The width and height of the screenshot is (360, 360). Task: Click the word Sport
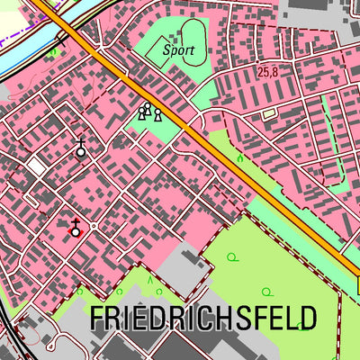click(178, 51)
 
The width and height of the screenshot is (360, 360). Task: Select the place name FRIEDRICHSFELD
click(203, 318)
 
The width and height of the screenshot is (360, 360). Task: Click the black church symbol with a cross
click(81, 149)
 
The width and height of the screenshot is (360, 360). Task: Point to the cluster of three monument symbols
click(149, 112)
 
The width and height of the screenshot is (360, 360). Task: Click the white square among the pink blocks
click(36, 166)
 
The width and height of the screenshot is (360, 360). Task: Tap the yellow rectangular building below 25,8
click(267, 113)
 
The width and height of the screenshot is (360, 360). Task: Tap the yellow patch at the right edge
click(357, 286)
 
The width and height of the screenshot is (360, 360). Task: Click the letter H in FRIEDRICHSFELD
click(219, 318)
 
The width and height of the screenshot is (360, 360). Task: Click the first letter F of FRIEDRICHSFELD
click(97, 318)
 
